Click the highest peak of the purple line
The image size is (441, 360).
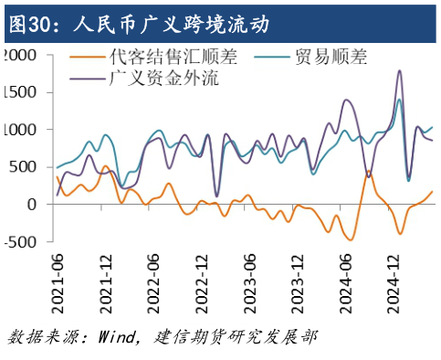coord(399,70)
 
